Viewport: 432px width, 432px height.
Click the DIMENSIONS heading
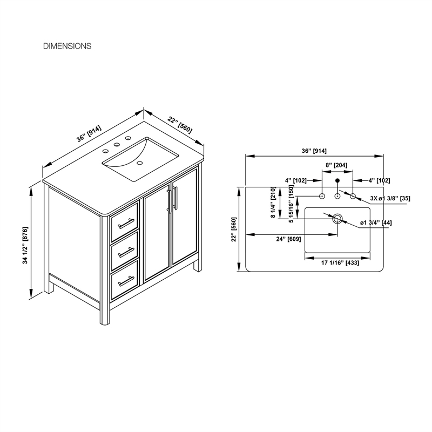pos(67,46)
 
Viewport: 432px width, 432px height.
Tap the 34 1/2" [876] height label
pos(25,246)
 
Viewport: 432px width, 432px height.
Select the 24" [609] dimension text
pos(288,239)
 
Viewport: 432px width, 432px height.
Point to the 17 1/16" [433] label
pos(340,263)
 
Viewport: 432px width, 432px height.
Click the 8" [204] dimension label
pos(336,165)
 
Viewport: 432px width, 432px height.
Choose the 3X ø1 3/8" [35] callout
pos(390,198)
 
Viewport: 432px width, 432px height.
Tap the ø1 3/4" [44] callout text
pos(376,222)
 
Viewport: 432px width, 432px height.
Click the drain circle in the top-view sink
pos(337,219)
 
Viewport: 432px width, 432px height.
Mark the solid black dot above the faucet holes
pos(337,181)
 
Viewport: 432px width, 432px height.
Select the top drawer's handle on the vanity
pos(126,224)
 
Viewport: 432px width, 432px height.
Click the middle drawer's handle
pos(126,252)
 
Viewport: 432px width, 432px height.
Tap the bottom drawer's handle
pos(126,281)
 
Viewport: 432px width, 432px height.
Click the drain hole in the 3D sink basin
pos(140,163)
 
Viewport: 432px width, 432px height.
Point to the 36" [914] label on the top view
pos(314,151)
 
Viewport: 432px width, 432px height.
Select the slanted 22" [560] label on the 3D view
pos(180,125)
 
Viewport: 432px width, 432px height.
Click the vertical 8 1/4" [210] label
pos(273,202)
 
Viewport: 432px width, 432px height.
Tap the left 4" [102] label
pos(295,180)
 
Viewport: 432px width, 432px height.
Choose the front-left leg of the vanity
pos(105,312)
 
